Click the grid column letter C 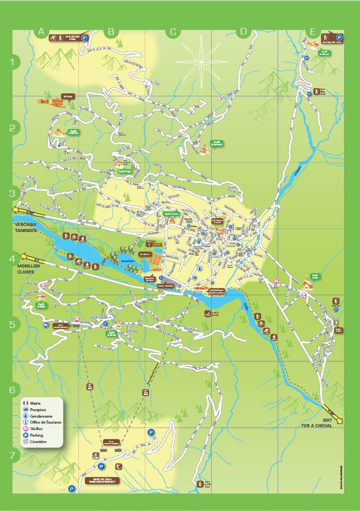173,32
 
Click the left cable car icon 89,386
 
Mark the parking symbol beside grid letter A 84,37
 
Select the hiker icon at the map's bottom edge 200,484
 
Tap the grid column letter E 313,32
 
